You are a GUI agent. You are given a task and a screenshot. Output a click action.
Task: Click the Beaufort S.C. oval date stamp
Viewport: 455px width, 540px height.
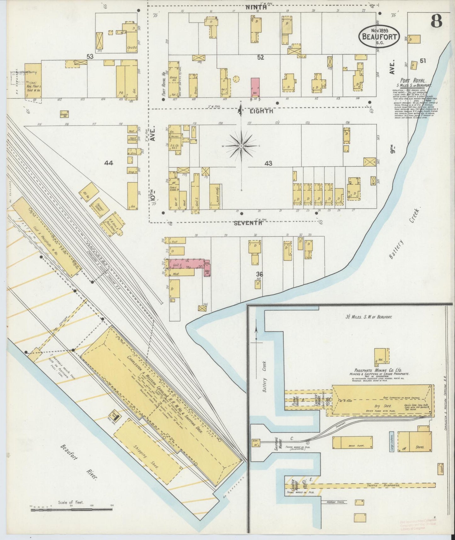coord(379,35)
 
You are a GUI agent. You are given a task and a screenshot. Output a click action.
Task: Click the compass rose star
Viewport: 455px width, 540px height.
coord(241,146)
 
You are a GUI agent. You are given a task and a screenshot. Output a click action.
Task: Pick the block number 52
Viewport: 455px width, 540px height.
coord(260,57)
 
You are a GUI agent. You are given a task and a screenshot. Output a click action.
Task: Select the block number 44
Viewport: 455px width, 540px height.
coord(109,163)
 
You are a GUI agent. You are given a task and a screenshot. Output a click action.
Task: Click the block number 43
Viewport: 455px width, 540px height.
coord(268,163)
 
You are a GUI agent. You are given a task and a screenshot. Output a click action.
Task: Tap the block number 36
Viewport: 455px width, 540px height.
coord(259,274)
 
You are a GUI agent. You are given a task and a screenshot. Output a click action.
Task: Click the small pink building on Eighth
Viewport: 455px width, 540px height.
coord(255,88)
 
